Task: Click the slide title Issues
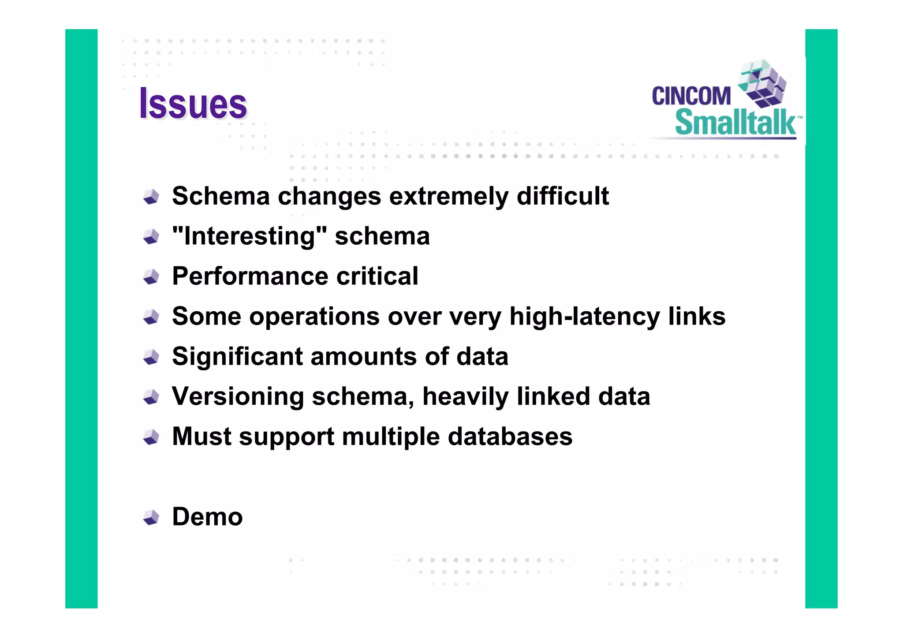[193, 104]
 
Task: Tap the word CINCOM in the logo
[691, 96]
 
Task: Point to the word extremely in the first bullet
[449, 196]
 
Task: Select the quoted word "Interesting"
[250, 236]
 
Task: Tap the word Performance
[250, 276]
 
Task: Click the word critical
[377, 276]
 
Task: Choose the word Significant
[237, 357]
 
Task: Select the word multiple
[391, 437]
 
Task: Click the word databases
[510, 437]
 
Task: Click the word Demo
[207, 517]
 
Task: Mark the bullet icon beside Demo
[151, 517]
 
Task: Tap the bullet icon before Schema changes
[151, 197]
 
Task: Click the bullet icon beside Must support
[151, 437]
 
